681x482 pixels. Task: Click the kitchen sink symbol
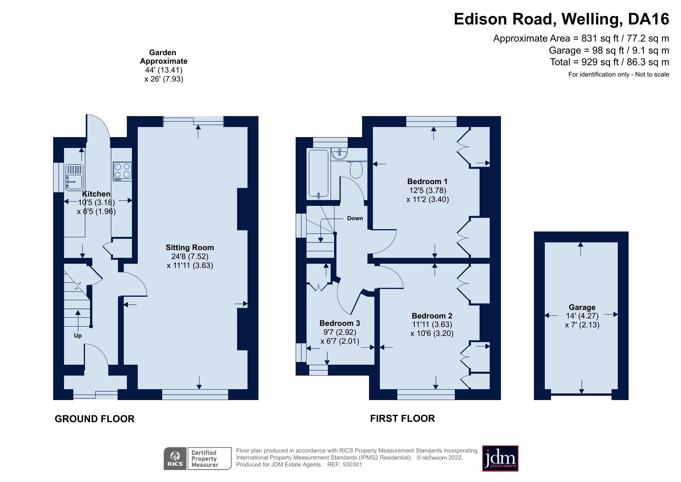click(74, 177)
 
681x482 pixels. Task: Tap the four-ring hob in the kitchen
click(122, 171)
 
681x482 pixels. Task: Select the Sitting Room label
click(190, 247)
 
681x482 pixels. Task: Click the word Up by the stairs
click(78, 336)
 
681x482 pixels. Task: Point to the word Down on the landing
click(355, 218)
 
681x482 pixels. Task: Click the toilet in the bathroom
click(356, 170)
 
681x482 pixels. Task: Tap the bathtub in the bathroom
click(319, 174)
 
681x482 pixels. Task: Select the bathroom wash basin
click(339, 154)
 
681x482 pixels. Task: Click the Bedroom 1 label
click(427, 181)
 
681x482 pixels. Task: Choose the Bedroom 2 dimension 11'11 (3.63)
click(432, 324)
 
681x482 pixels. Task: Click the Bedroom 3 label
click(340, 323)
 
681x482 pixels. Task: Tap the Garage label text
click(582, 307)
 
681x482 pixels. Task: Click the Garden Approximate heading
click(163, 57)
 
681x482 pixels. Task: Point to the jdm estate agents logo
click(500, 458)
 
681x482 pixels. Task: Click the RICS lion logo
click(175, 458)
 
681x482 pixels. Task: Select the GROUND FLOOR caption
click(95, 419)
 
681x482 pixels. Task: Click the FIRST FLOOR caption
click(402, 418)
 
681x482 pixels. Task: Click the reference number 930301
click(352, 465)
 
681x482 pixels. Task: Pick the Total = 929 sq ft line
click(609, 62)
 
